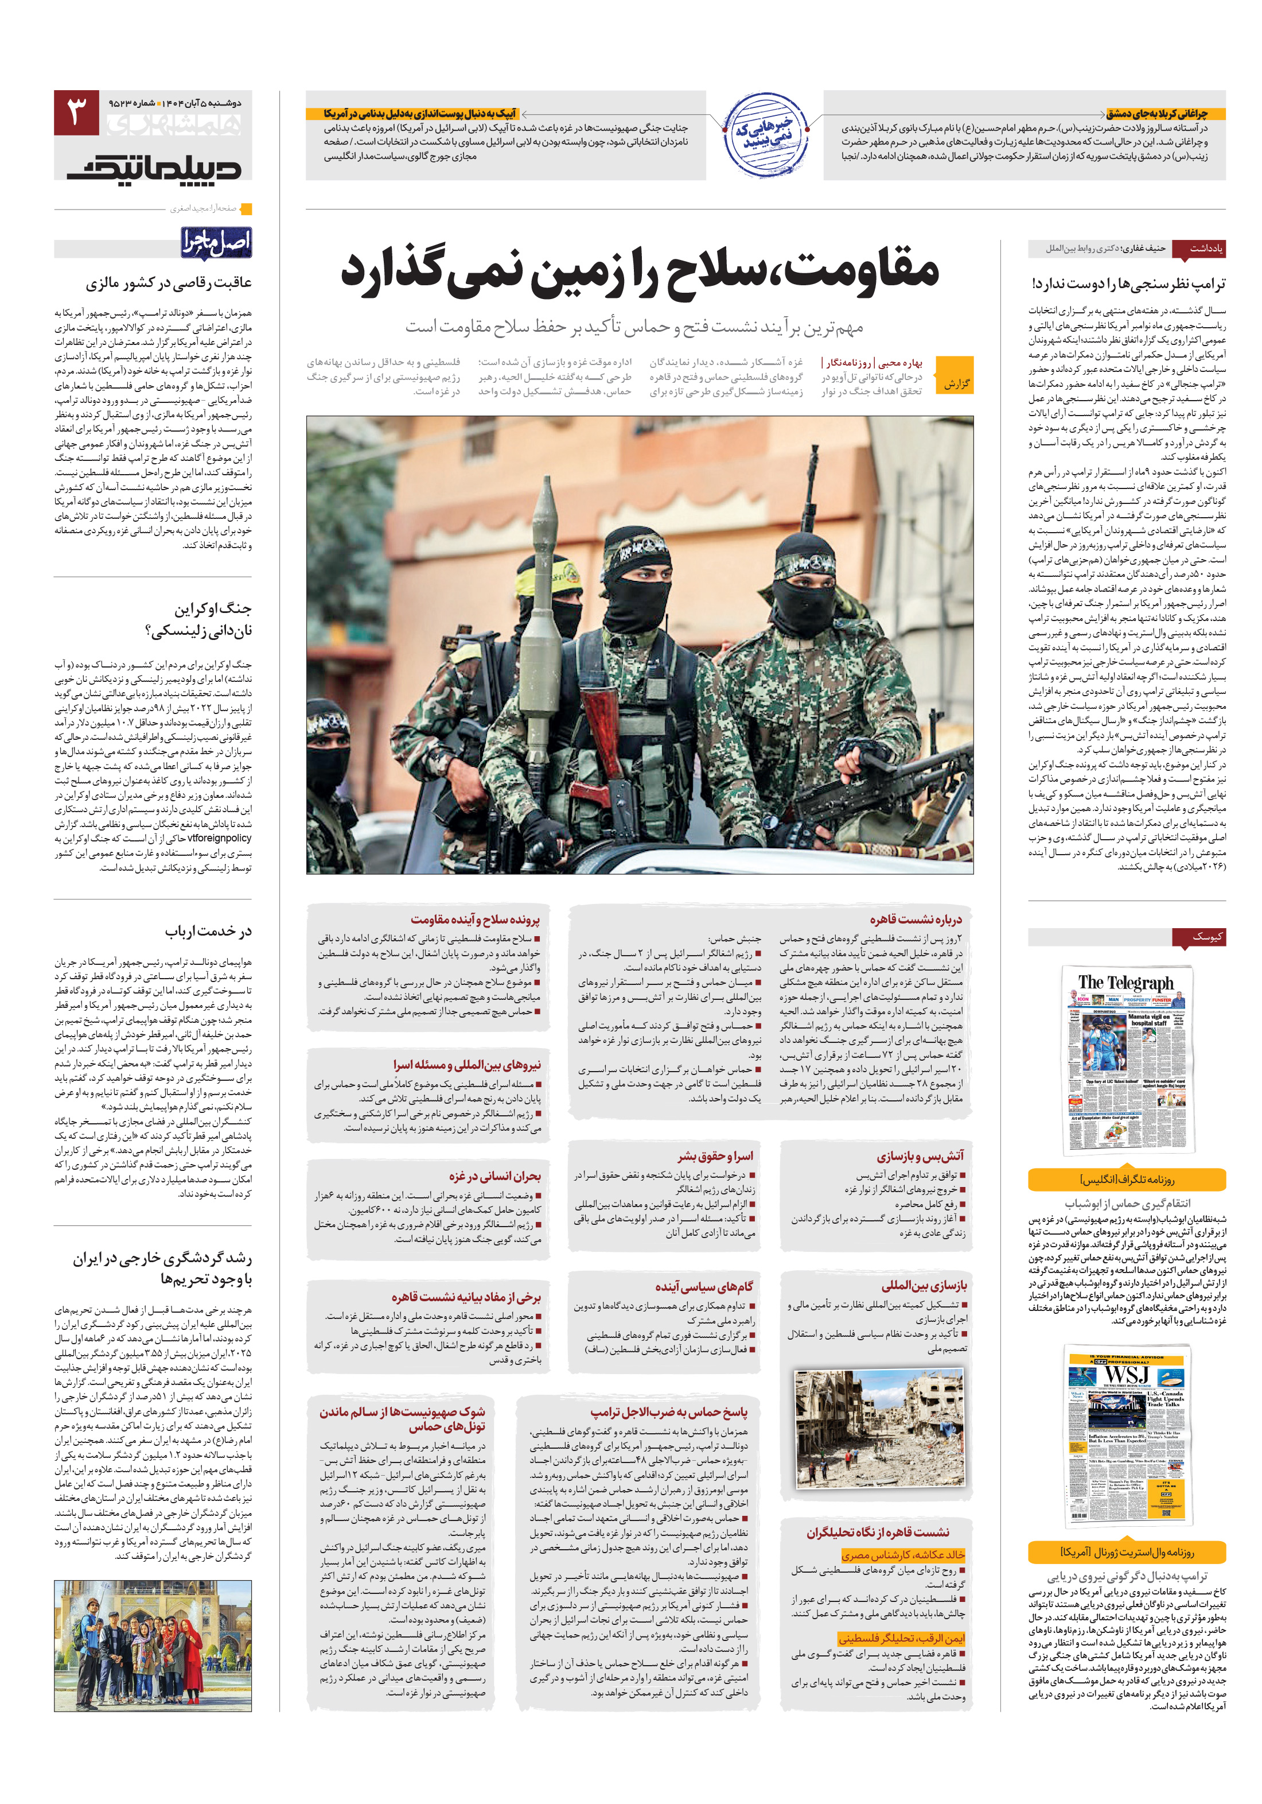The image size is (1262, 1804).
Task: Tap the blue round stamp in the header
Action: (764, 135)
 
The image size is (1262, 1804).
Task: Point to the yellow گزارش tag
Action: (956, 383)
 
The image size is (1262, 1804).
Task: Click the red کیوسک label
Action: (1198, 937)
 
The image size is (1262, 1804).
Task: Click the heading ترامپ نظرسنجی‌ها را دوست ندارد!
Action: (1128, 284)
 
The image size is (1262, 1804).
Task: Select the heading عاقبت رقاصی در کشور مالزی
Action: (169, 283)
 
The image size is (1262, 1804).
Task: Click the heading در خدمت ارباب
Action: (208, 931)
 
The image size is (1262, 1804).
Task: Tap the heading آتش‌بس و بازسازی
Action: (920, 1156)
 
